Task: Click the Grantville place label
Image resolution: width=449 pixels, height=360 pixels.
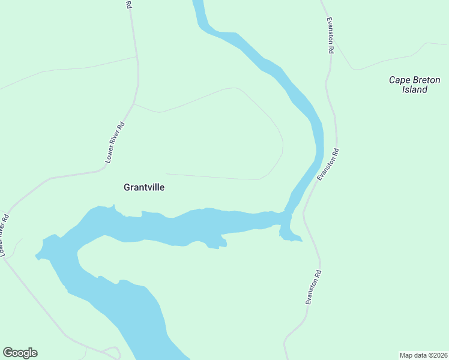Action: click(x=144, y=187)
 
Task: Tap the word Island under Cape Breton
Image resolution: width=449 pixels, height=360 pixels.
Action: click(x=414, y=89)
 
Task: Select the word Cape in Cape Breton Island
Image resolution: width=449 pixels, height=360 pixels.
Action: click(x=398, y=79)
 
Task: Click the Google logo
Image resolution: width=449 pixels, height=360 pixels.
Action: click(x=20, y=353)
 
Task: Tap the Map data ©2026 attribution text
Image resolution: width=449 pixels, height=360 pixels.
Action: click(x=423, y=355)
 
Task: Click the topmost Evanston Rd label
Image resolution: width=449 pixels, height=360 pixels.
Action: click(x=330, y=36)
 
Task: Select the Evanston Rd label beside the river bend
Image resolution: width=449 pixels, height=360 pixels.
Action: click(x=328, y=165)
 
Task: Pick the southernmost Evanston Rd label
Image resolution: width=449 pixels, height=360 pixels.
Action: click(x=314, y=287)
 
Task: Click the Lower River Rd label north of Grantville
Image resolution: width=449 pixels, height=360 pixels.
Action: click(x=114, y=143)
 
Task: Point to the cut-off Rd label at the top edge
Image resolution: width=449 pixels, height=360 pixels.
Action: click(x=128, y=4)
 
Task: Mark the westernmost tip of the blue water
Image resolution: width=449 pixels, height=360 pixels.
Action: click(x=37, y=256)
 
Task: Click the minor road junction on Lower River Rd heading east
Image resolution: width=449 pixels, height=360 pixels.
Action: click(x=134, y=104)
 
